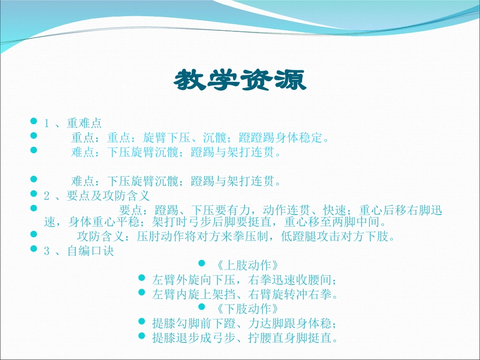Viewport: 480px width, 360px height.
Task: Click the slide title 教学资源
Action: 240,80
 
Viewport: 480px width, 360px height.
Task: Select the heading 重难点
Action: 84,123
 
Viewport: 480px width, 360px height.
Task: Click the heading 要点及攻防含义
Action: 108,195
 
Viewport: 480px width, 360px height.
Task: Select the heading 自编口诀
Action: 91,251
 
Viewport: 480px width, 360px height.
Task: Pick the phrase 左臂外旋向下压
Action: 193,279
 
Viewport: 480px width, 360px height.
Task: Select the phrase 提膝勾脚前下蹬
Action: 193,322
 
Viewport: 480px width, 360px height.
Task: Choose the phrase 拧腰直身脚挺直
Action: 290,337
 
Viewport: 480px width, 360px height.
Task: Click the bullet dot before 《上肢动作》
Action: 202,264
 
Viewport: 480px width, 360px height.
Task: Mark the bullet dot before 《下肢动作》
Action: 202,306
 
